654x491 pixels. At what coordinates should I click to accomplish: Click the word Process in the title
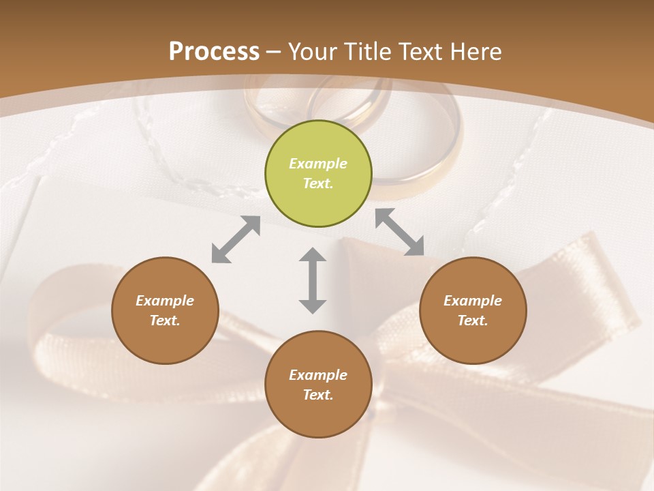(214, 52)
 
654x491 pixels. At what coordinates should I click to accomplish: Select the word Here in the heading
(475, 52)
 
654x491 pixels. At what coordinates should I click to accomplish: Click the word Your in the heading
(314, 52)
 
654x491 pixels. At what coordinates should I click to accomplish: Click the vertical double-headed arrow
(313, 280)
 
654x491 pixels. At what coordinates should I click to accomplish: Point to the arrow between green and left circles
(236, 239)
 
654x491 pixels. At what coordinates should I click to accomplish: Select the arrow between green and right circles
(400, 232)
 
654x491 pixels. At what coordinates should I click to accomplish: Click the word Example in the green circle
(318, 164)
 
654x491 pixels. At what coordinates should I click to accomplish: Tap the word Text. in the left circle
(165, 321)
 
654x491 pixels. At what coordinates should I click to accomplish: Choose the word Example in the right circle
(473, 301)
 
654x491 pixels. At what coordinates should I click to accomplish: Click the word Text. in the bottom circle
(318, 395)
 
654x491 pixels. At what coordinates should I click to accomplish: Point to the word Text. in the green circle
(318, 183)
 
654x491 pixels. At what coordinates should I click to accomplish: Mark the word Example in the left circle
(165, 301)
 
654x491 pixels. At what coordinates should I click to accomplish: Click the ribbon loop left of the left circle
(58, 321)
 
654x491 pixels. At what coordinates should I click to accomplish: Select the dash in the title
(273, 52)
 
